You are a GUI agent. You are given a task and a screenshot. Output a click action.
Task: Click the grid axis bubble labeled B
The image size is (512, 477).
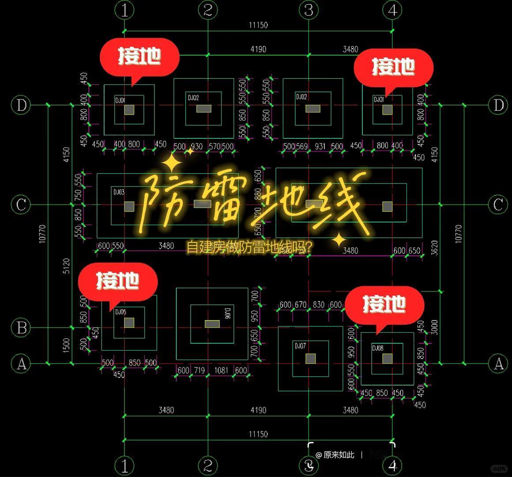[x=21, y=328]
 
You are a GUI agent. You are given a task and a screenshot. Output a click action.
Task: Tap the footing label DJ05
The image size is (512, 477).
[x=120, y=312]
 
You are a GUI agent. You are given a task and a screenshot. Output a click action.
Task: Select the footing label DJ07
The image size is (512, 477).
[x=300, y=346]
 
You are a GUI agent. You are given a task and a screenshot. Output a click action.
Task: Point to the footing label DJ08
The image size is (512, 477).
[x=377, y=348]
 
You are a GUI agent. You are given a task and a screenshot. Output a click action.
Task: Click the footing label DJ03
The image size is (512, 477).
[x=119, y=192]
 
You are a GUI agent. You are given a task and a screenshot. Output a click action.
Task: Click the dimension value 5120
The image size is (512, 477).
[x=66, y=266]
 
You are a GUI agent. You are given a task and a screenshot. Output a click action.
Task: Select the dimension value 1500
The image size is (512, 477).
[x=66, y=345]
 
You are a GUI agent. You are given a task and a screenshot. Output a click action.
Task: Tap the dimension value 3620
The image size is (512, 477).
[x=434, y=248]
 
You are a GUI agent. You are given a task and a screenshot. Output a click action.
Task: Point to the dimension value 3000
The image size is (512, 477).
[x=434, y=327]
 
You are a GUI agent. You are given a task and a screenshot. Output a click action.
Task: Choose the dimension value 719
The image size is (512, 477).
[x=199, y=370]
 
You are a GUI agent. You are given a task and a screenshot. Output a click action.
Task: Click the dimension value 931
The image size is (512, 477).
[x=320, y=146]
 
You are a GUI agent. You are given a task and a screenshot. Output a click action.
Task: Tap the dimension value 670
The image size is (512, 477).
[x=301, y=304]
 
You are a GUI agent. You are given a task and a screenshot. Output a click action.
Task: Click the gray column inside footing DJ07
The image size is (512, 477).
[x=311, y=359]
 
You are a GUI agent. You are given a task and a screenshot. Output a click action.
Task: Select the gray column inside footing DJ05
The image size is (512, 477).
[x=129, y=323]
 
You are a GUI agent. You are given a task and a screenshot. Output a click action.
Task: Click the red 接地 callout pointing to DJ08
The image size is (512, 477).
[x=384, y=304]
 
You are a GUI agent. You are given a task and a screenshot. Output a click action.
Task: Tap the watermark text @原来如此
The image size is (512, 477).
[x=335, y=455]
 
